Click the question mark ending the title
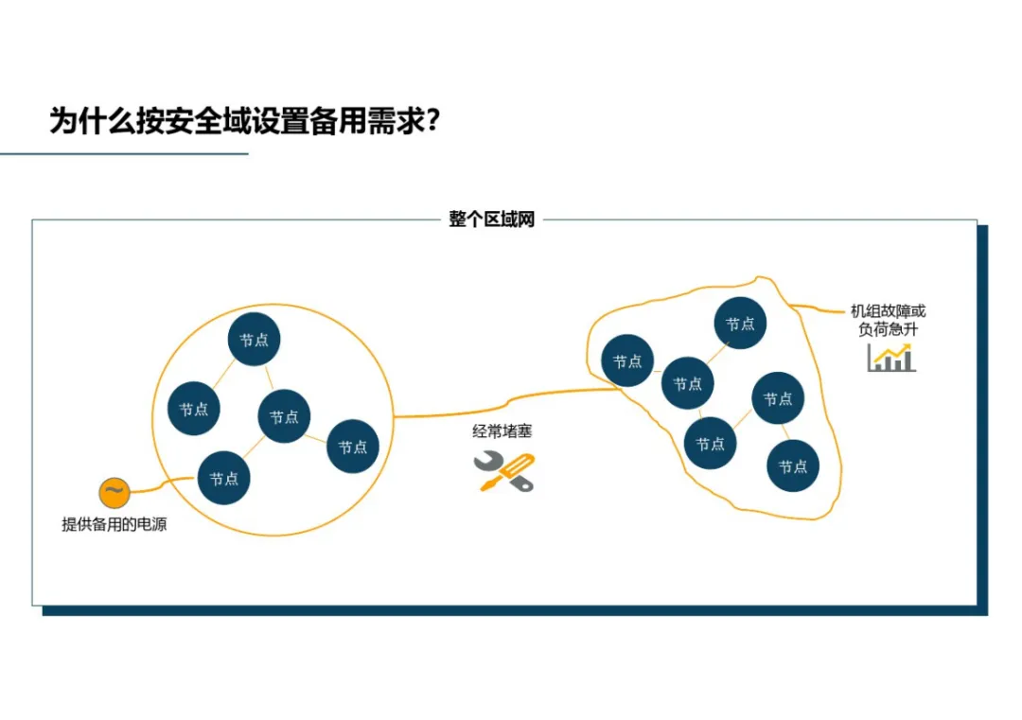(x=432, y=121)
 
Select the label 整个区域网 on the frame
(x=492, y=220)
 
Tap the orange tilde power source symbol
(x=113, y=492)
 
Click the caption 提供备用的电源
(x=115, y=524)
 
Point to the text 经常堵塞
(x=502, y=431)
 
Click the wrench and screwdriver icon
(x=503, y=471)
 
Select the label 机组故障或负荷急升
(x=887, y=320)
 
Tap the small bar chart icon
(x=890, y=358)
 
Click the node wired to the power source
(x=223, y=479)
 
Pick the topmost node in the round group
(x=254, y=340)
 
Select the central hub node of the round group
(x=284, y=416)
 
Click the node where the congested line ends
(x=627, y=360)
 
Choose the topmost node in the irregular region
(x=740, y=324)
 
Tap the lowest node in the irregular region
(x=793, y=466)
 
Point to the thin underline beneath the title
(x=123, y=153)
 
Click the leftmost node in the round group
(x=194, y=410)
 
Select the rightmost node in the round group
(x=353, y=447)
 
